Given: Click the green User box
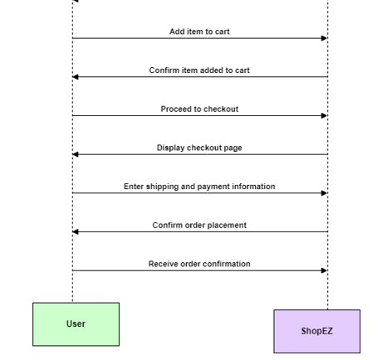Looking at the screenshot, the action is pyautogui.click(x=76, y=324).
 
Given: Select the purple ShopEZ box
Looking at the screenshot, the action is pyautogui.click(x=317, y=331).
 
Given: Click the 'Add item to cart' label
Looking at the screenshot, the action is pyautogui.click(x=199, y=32).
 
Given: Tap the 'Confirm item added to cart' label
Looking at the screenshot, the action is pyautogui.click(x=199, y=71).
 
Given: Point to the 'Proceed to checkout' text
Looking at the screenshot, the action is pyautogui.click(x=199, y=109).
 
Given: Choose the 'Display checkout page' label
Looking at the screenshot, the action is pyautogui.click(x=199, y=148).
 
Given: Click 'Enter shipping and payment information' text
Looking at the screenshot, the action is pyautogui.click(x=199, y=187).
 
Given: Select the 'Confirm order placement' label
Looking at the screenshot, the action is pyautogui.click(x=199, y=225).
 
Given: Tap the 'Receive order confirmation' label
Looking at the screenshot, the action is pyautogui.click(x=199, y=264).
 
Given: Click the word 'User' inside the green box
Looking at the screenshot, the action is pyautogui.click(x=76, y=324).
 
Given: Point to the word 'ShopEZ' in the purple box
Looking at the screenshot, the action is pyautogui.click(x=317, y=331).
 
